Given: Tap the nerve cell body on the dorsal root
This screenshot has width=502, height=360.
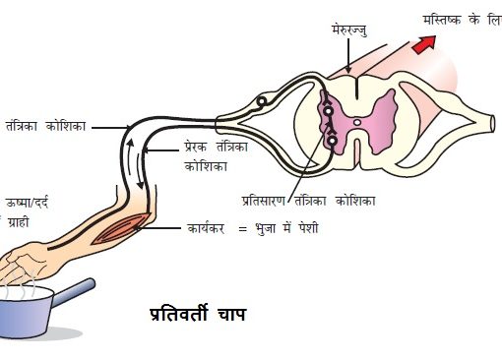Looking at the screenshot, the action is [262, 100].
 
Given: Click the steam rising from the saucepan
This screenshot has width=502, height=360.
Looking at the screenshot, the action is [20, 288].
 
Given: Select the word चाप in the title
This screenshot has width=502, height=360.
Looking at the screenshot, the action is [230, 318].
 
